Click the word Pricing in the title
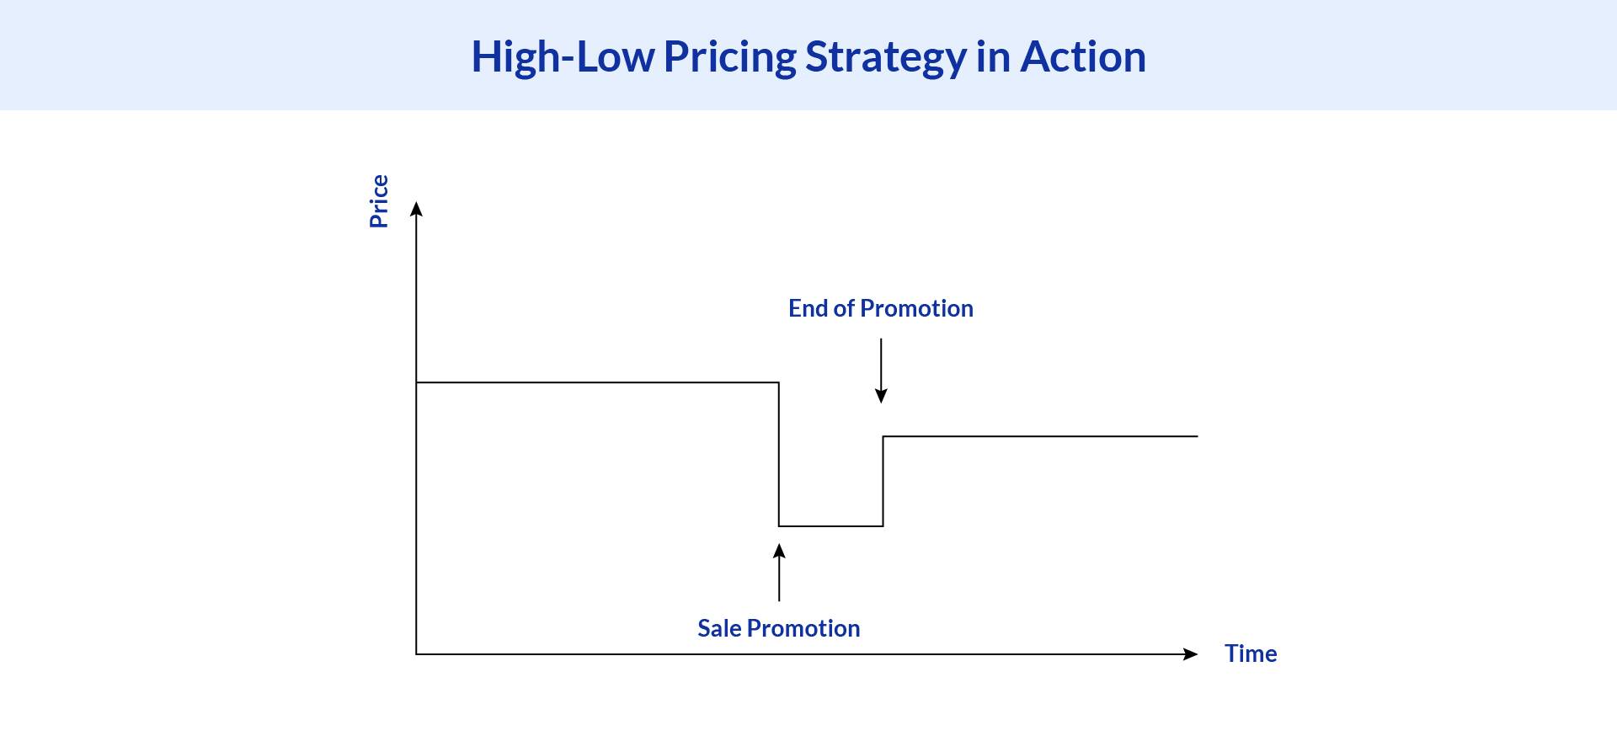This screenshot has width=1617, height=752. pos(729,57)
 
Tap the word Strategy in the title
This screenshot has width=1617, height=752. pos(884,57)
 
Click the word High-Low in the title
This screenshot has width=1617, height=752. pos(562,57)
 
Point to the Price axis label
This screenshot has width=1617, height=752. pos(379,201)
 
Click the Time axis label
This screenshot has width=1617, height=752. pos(1251,653)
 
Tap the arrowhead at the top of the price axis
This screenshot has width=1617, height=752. pos(416,209)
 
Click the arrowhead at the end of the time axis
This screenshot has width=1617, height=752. pos(1190,654)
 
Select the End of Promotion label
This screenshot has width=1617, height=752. pos(881,308)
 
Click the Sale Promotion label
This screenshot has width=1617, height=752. pos(778,628)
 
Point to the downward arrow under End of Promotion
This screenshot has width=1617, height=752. pos(881,371)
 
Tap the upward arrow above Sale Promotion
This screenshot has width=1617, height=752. pos(779,573)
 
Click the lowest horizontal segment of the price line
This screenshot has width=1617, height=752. pos(830,526)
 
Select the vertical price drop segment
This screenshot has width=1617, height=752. pos(779,455)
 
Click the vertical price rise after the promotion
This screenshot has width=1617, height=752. pos(883,481)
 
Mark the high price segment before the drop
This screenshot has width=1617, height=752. pos(597,382)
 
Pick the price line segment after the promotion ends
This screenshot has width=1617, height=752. pos(1040,436)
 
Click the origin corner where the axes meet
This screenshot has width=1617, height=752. pos(416,654)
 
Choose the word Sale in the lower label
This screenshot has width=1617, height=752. pos(719,628)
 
